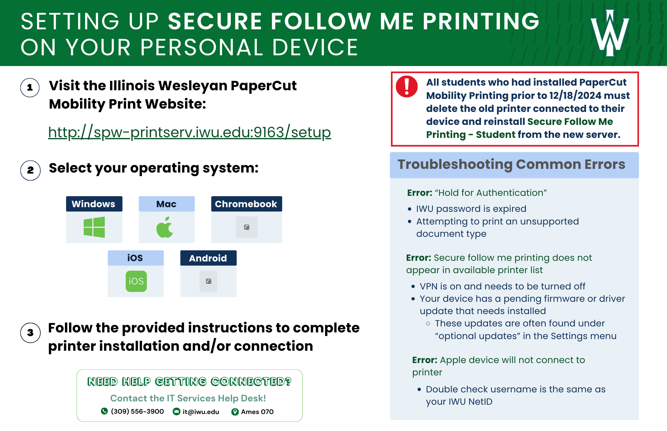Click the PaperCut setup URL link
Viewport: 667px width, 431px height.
[x=189, y=133]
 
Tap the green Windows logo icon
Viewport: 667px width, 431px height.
[x=94, y=227]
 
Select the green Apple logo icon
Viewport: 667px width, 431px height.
[x=165, y=227]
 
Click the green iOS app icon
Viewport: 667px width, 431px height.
[x=136, y=281]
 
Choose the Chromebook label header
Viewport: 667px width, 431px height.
[x=246, y=204]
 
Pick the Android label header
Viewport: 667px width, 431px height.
[x=208, y=258]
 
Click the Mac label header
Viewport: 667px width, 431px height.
[x=166, y=204]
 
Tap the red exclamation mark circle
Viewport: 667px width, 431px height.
[x=407, y=86]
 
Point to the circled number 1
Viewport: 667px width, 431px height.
[x=30, y=88]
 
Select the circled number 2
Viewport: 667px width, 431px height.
[x=30, y=170]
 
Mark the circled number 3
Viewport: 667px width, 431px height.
[x=30, y=332]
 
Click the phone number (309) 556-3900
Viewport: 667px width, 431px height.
[x=137, y=411]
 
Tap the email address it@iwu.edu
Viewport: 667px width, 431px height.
[x=201, y=412]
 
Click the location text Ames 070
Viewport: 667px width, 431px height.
[x=257, y=412]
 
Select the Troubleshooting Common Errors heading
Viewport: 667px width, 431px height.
[x=511, y=165]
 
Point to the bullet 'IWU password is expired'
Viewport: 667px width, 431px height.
[x=471, y=209]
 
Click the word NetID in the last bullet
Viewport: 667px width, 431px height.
[x=480, y=402]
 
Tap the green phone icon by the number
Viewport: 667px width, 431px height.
[x=104, y=411]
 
